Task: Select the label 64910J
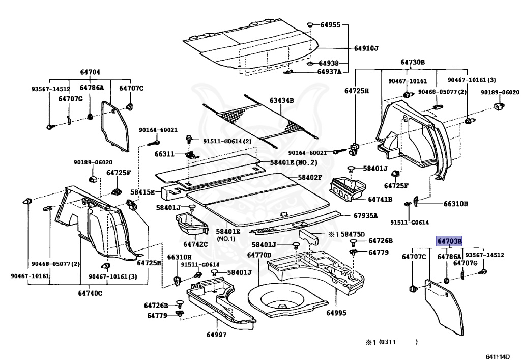click(366, 48)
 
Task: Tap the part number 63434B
click(282, 101)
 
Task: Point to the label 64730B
click(412, 62)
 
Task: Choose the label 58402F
click(310, 177)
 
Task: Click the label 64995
click(336, 313)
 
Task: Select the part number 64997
click(217, 334)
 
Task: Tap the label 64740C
click(91, 293)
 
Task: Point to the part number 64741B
click(380, 199)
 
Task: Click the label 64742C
click(196, 244)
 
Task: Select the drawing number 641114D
click(497, 356)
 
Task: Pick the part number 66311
click(164, 153)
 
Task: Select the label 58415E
click(142, 192)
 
